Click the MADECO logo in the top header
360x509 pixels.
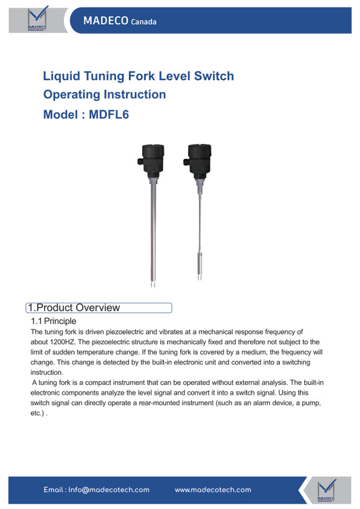pyautogui.click(x=37, y=19)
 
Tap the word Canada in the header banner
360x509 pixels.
pyautogui.click(x=143, y=22)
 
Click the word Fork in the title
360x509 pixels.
pyautogui.click(x=143, y=76)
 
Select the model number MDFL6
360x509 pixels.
pyautogui.click(x=109, y=115)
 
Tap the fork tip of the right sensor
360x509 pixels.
pyautogui.click(x=199, y=277)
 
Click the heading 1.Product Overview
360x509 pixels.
pyautogui.click(x=74, y=307)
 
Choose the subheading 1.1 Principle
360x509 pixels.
pyautogui.click(x=53, y=321)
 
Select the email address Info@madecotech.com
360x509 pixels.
pyautogui.click(x=109, y=490)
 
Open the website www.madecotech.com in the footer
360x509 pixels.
pyautogui.click(x=213, y=490)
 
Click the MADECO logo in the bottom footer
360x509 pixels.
pyautogui.click(x=326, y=490)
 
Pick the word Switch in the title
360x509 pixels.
pyautogui.click(x=214, y=76)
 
